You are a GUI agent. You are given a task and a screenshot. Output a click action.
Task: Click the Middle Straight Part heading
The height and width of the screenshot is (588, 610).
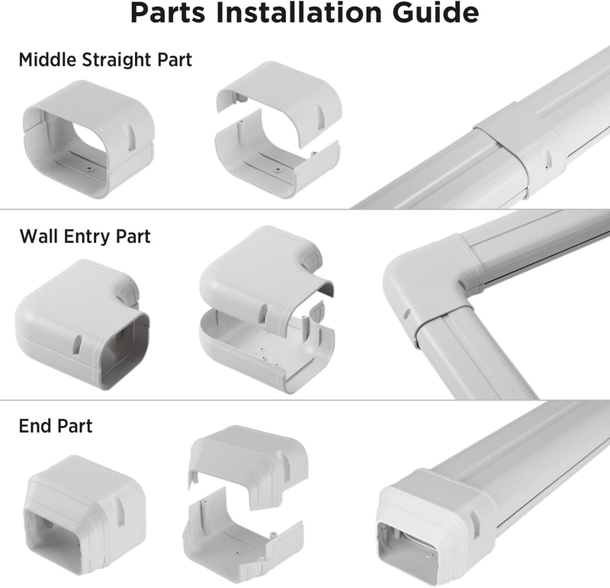coord(105,59)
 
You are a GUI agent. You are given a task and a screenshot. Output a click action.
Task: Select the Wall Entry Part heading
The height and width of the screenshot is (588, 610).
coord(85,236)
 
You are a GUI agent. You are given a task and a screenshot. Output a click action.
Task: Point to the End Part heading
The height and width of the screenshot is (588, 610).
coord(55,425)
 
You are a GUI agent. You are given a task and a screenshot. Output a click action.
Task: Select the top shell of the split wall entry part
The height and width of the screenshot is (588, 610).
coord(259,274)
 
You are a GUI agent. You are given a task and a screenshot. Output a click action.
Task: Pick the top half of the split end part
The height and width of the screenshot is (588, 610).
coord(248,461)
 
